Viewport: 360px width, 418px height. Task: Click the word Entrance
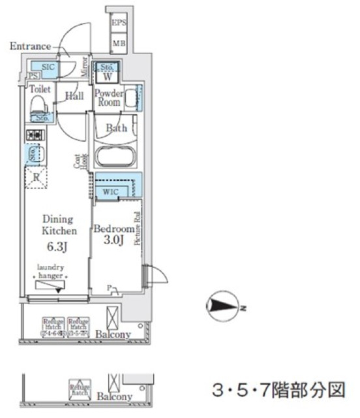point(30,47)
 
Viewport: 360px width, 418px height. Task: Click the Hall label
point(74,96)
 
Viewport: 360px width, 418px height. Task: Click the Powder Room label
point(109,98)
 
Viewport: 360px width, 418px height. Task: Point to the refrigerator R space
point(36,177)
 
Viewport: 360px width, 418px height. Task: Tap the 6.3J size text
point(58,247)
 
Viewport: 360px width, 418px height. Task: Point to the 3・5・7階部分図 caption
point(277,390)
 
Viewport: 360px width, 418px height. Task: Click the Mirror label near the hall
point(85,67)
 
